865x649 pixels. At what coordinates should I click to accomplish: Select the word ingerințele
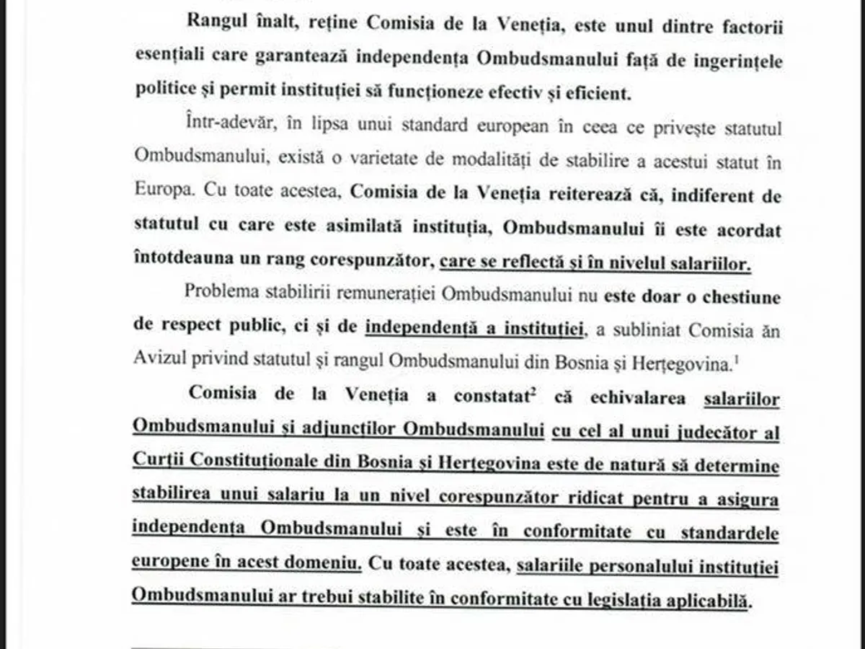tap(736, 61)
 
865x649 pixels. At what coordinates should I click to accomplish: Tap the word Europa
tap(164, 194)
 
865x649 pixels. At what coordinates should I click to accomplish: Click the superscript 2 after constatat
tap(535, 390)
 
